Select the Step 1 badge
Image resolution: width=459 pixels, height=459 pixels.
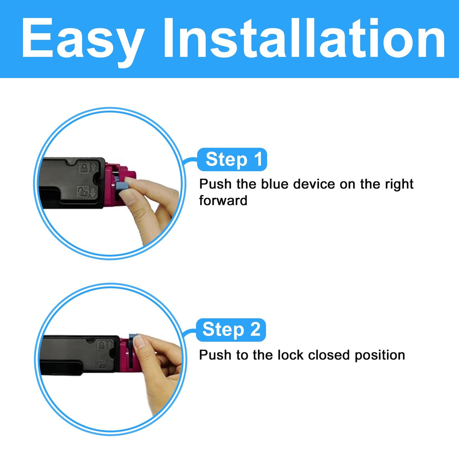232,160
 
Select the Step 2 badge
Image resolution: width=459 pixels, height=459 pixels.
231,330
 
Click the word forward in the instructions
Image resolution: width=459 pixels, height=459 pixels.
223,200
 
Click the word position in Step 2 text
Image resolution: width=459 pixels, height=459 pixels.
380,356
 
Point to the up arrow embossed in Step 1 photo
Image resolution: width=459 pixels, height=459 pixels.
94,167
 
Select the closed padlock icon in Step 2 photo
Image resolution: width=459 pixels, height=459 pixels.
102,345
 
